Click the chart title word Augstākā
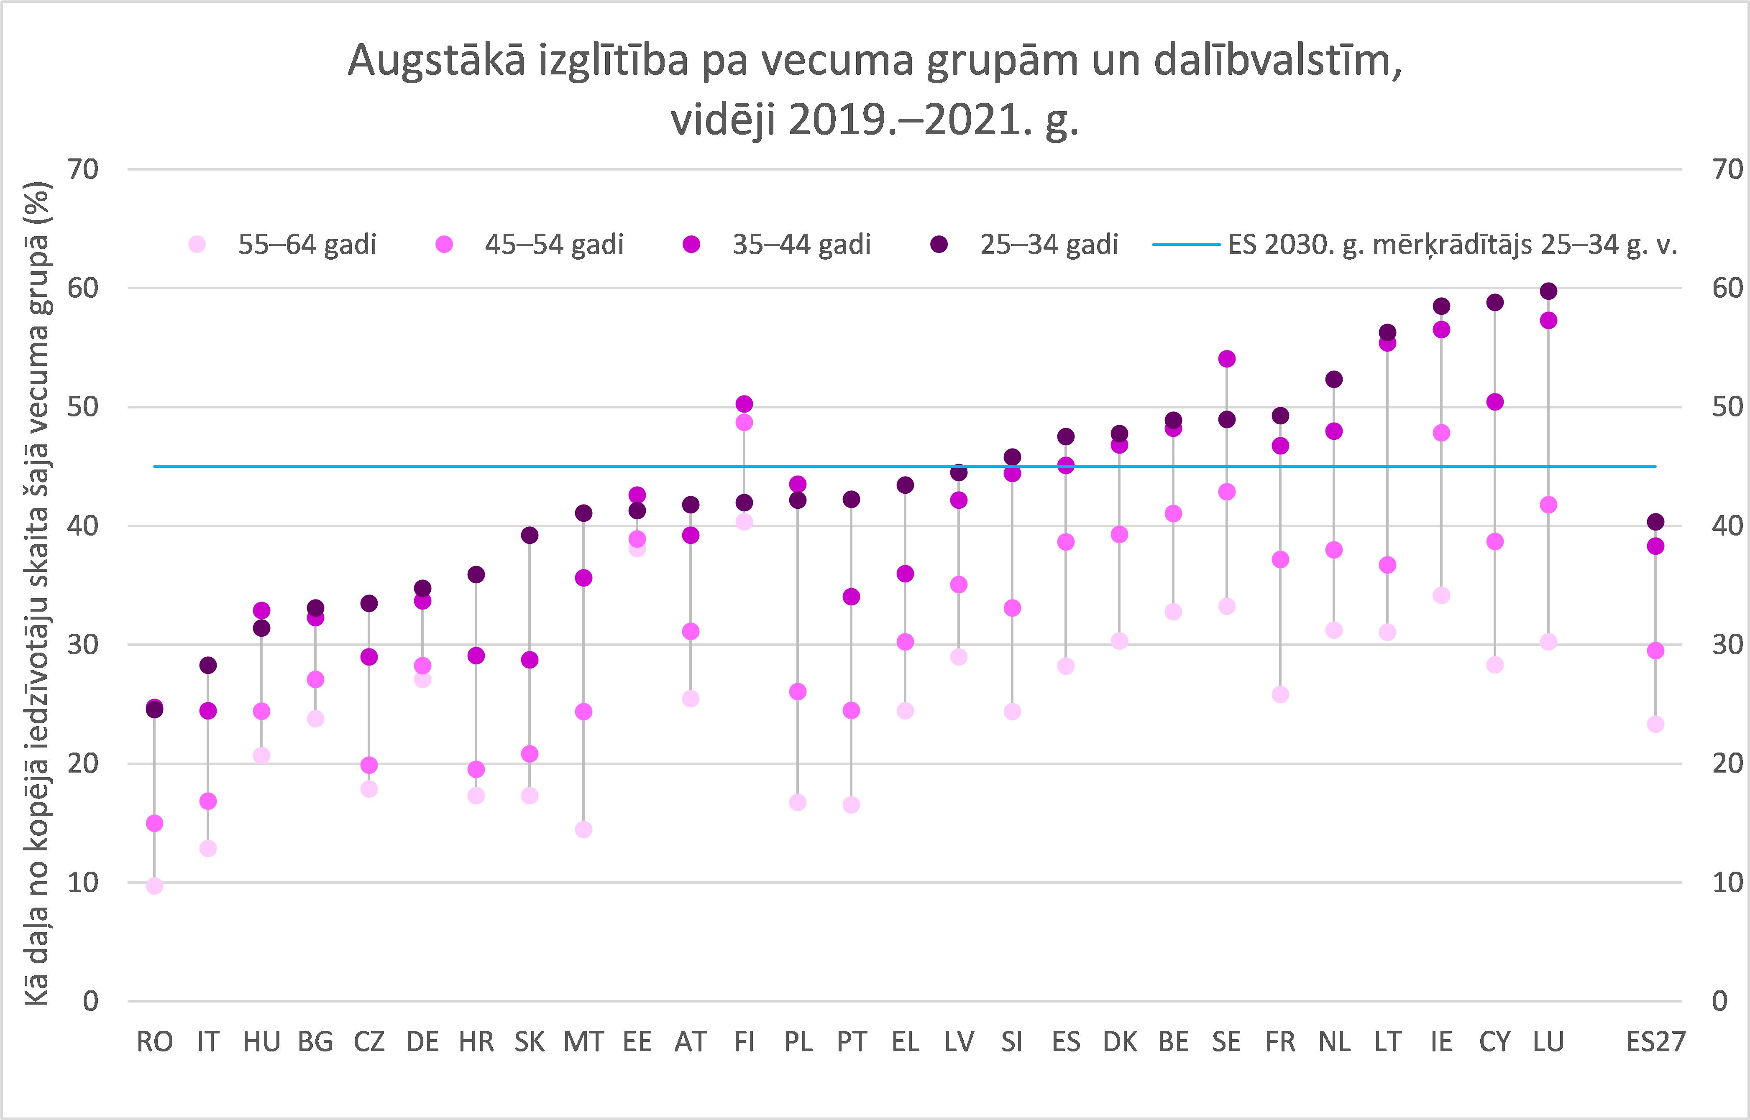pos(435,61)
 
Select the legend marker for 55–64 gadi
pos(197,245)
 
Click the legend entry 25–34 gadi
pos(1049,245)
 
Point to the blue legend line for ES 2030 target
pos(1186,245)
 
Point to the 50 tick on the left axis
pos(83,406)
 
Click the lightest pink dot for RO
pos(154,886)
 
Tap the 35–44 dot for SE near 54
pos(1227,359)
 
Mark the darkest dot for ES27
pos(1655,521)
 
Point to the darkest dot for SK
pos(530,535)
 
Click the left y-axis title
pos(38,593)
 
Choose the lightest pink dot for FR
pos(1281,694)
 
